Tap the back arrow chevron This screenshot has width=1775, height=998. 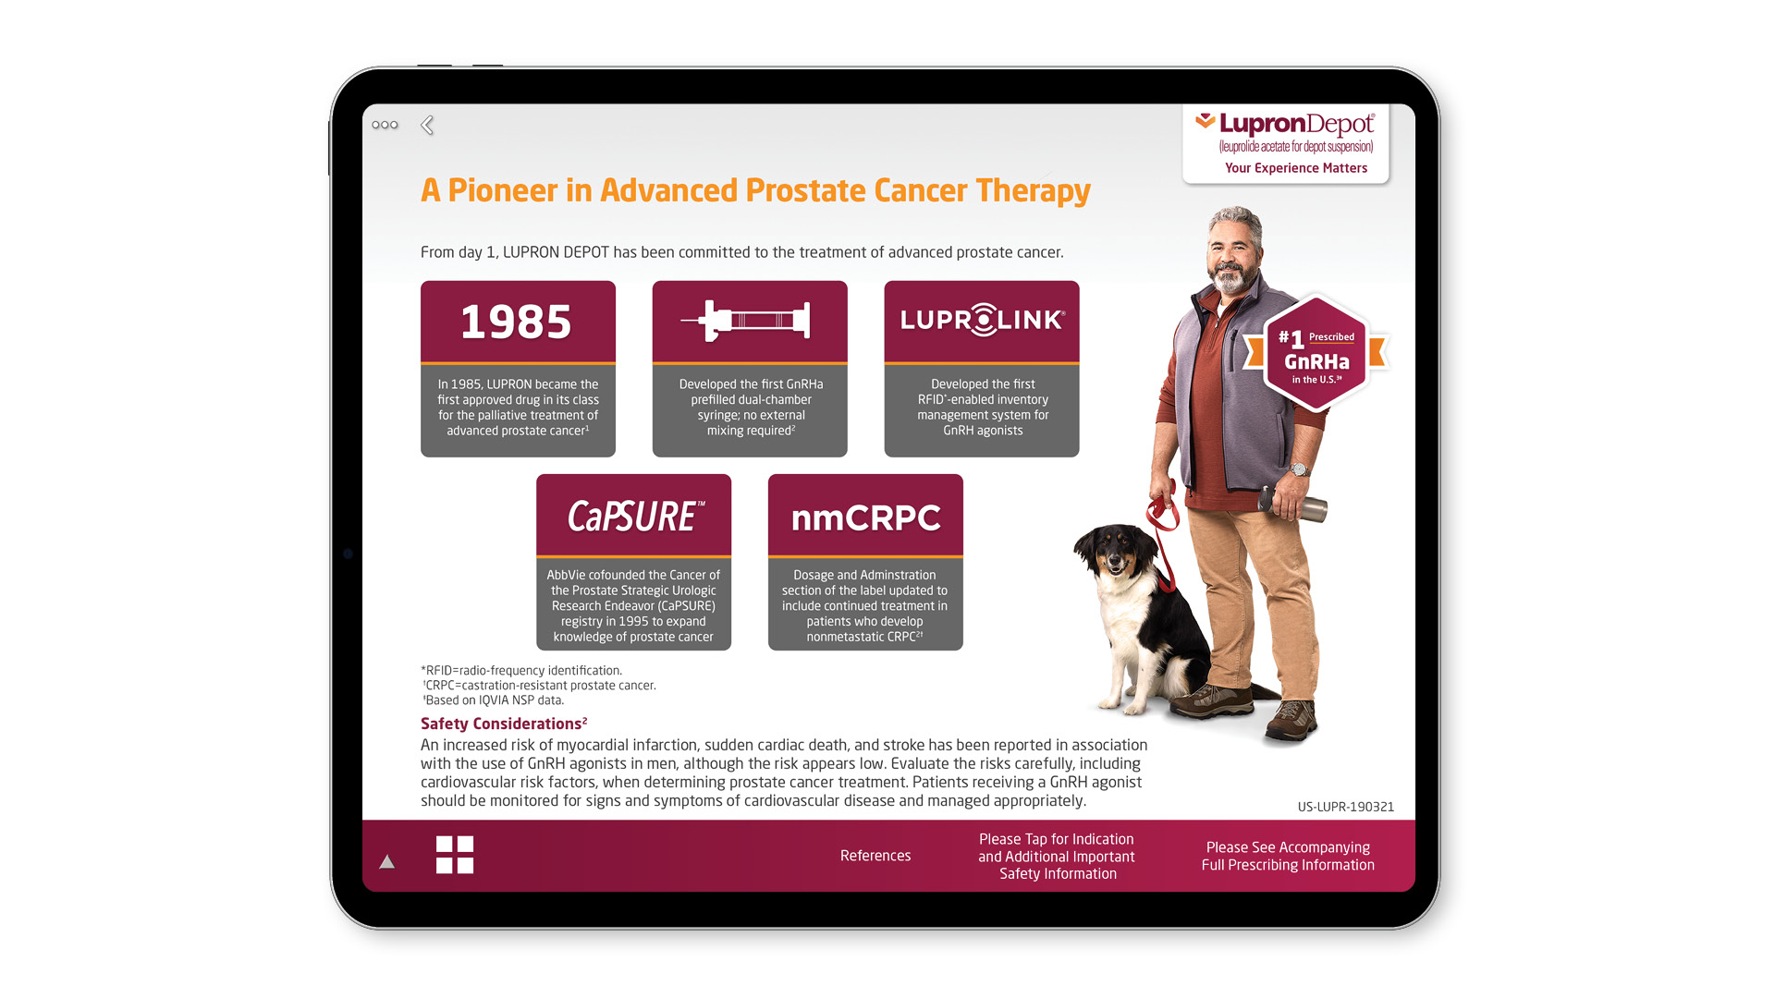(x=427, y=125)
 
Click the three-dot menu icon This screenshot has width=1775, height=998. (x=385, y=125)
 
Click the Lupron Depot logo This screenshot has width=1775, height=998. (x=1285, y=132)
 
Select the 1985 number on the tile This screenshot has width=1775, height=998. (x=517, y=322)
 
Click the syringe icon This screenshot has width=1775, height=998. (x=746, y=321)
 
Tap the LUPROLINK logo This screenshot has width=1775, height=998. (x=982, y=320)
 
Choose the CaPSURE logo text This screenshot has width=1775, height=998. (x=635, y=517)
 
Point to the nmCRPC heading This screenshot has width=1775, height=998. (x=865, y=517)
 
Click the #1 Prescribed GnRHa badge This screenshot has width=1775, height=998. (x=1316, y=353)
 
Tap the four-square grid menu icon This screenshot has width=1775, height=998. (x=455, y=855)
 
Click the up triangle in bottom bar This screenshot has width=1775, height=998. (x=387, y=861)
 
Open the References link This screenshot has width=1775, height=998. (x=875, y=856)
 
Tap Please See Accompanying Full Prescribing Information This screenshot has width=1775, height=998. (x=1288, y=856)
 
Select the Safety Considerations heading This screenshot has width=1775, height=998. (x=504, y=724)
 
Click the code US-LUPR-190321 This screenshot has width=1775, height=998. (x=1345, y=807)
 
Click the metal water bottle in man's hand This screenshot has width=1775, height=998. (x=1293, y=505)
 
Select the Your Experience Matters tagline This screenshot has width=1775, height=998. (x=1296, y=168)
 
